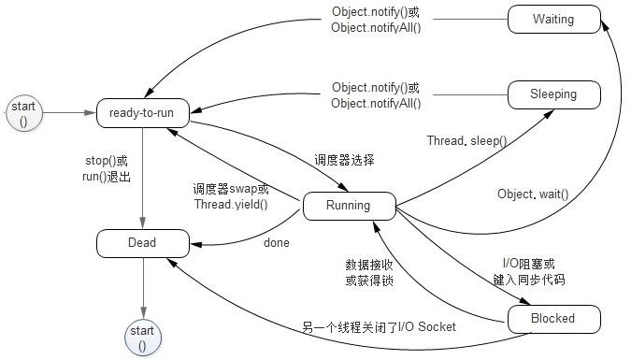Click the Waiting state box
[x=553, y=19]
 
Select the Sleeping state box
[x=553, y=94]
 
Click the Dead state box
[x=143, y=243]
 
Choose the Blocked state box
[x=553, y=319]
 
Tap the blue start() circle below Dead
[x=143, y=338]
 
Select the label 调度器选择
[x=343, y=160]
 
